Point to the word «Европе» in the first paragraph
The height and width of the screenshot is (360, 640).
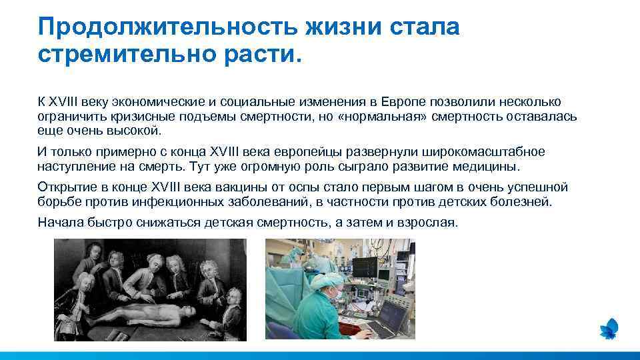[x=403, y=102]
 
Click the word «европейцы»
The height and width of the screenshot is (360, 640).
[x=293, y=152]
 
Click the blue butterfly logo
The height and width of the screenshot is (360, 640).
[x=609, y=328]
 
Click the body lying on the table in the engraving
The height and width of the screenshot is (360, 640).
[x=133, y=313]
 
